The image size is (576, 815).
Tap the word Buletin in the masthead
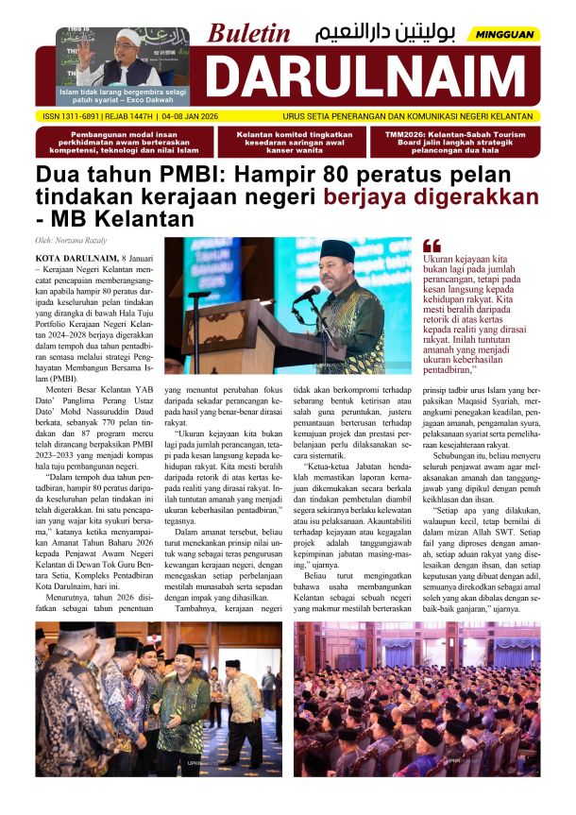click(x=249, y=33)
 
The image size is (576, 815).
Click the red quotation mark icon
click(x=432, y=246)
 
